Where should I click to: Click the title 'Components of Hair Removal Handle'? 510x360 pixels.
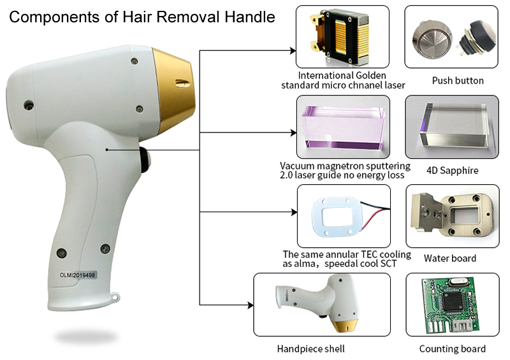[x=142, y=17]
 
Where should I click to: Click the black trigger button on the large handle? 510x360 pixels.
[x=145, y=160]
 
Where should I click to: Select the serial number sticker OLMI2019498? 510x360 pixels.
[x=77, y=275]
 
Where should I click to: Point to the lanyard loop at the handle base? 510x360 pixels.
[x=115, y=297]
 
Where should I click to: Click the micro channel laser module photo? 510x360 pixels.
[x=341, y=37]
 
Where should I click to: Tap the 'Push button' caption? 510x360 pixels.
[x=458, y=81]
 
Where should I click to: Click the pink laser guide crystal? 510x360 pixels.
[x=344, y=128]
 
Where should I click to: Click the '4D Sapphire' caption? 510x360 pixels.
[x=453, y=170]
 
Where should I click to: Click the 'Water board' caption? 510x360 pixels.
[x=450, y=258]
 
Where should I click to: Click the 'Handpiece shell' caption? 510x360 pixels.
[x=310, y=349]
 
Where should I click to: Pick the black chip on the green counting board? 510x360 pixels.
[x=453, y=300]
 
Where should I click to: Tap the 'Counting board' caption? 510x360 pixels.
[x=452, y=349]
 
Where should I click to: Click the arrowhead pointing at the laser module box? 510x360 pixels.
[x=293, y=51]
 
